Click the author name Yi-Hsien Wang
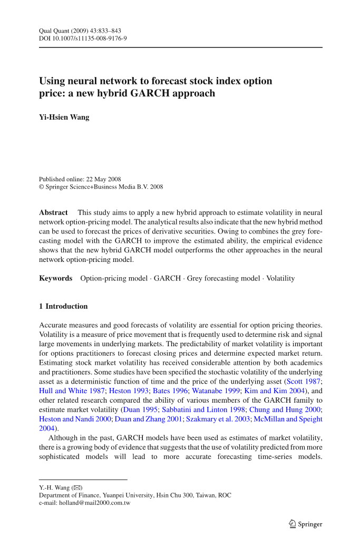[x=64, y=117]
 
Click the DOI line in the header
[x=83, y=38]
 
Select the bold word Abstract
[x=53, y=212]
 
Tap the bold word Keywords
[x=55, y=278]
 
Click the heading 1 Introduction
[x=63, y=306]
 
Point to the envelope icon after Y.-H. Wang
[x=76, y=487]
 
